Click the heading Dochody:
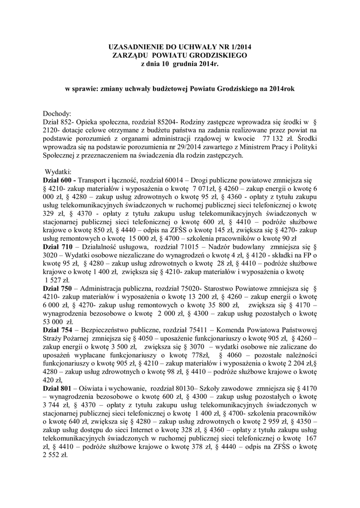(x=58, y=113)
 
